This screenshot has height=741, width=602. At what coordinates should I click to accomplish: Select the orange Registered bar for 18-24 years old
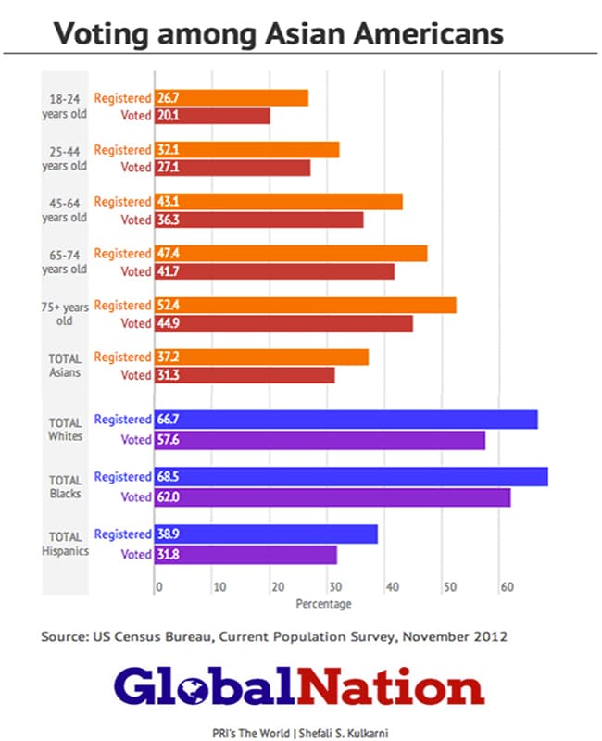[231, 97]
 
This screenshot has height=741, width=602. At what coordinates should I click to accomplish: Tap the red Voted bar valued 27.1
[232, 168]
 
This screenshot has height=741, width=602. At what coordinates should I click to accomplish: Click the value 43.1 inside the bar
[168, 202]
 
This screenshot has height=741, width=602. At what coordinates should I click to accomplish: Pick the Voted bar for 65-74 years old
[274, 271]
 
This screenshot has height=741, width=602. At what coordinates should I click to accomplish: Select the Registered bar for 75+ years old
[305, 305]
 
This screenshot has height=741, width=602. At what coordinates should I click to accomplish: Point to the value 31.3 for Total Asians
[168, 375]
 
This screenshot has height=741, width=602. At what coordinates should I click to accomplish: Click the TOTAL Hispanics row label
[65, 544]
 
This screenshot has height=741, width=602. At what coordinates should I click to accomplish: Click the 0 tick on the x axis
[158, 587]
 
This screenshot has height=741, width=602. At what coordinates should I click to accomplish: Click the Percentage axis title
[323, 604]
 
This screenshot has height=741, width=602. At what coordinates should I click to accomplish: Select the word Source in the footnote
[62, 637]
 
